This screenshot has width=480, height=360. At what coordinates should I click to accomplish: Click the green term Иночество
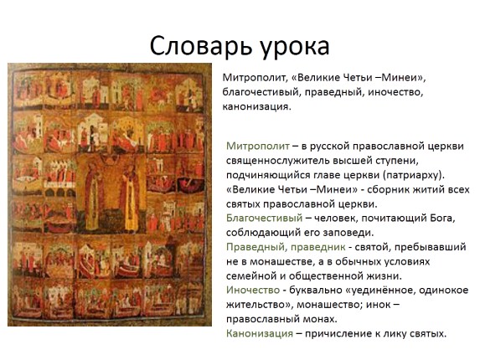(x=255, y=290)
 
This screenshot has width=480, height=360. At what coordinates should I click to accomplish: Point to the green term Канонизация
(x=259, y=333)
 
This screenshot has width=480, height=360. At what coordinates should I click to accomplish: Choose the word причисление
(x=339, y=333)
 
